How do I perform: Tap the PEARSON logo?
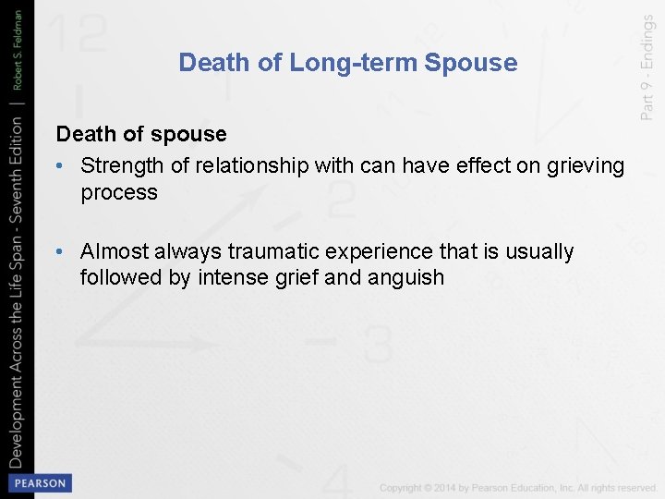[x=39, y=482]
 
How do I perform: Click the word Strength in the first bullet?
[x=118, y=165]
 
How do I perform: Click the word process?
[x=119, y=192]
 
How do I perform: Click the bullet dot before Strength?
[x=60, y=166]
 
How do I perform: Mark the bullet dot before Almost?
[x=60, y=252]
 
